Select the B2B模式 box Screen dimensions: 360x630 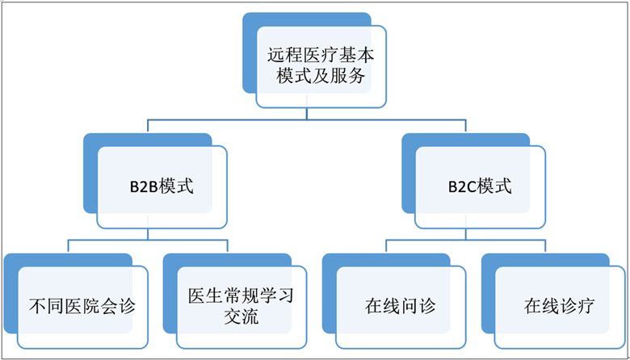click(162, 186)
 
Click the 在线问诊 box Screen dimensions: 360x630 click(400, 307)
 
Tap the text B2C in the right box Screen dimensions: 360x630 click(463, 186)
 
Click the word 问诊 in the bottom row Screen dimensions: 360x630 click(418, 307)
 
